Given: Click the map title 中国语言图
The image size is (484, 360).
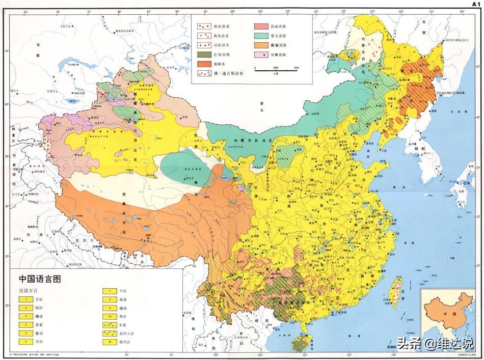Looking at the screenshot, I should point(39,279).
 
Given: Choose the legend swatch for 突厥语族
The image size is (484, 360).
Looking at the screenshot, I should point(262,54).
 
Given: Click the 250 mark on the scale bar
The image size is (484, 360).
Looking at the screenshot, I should point(276,68).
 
